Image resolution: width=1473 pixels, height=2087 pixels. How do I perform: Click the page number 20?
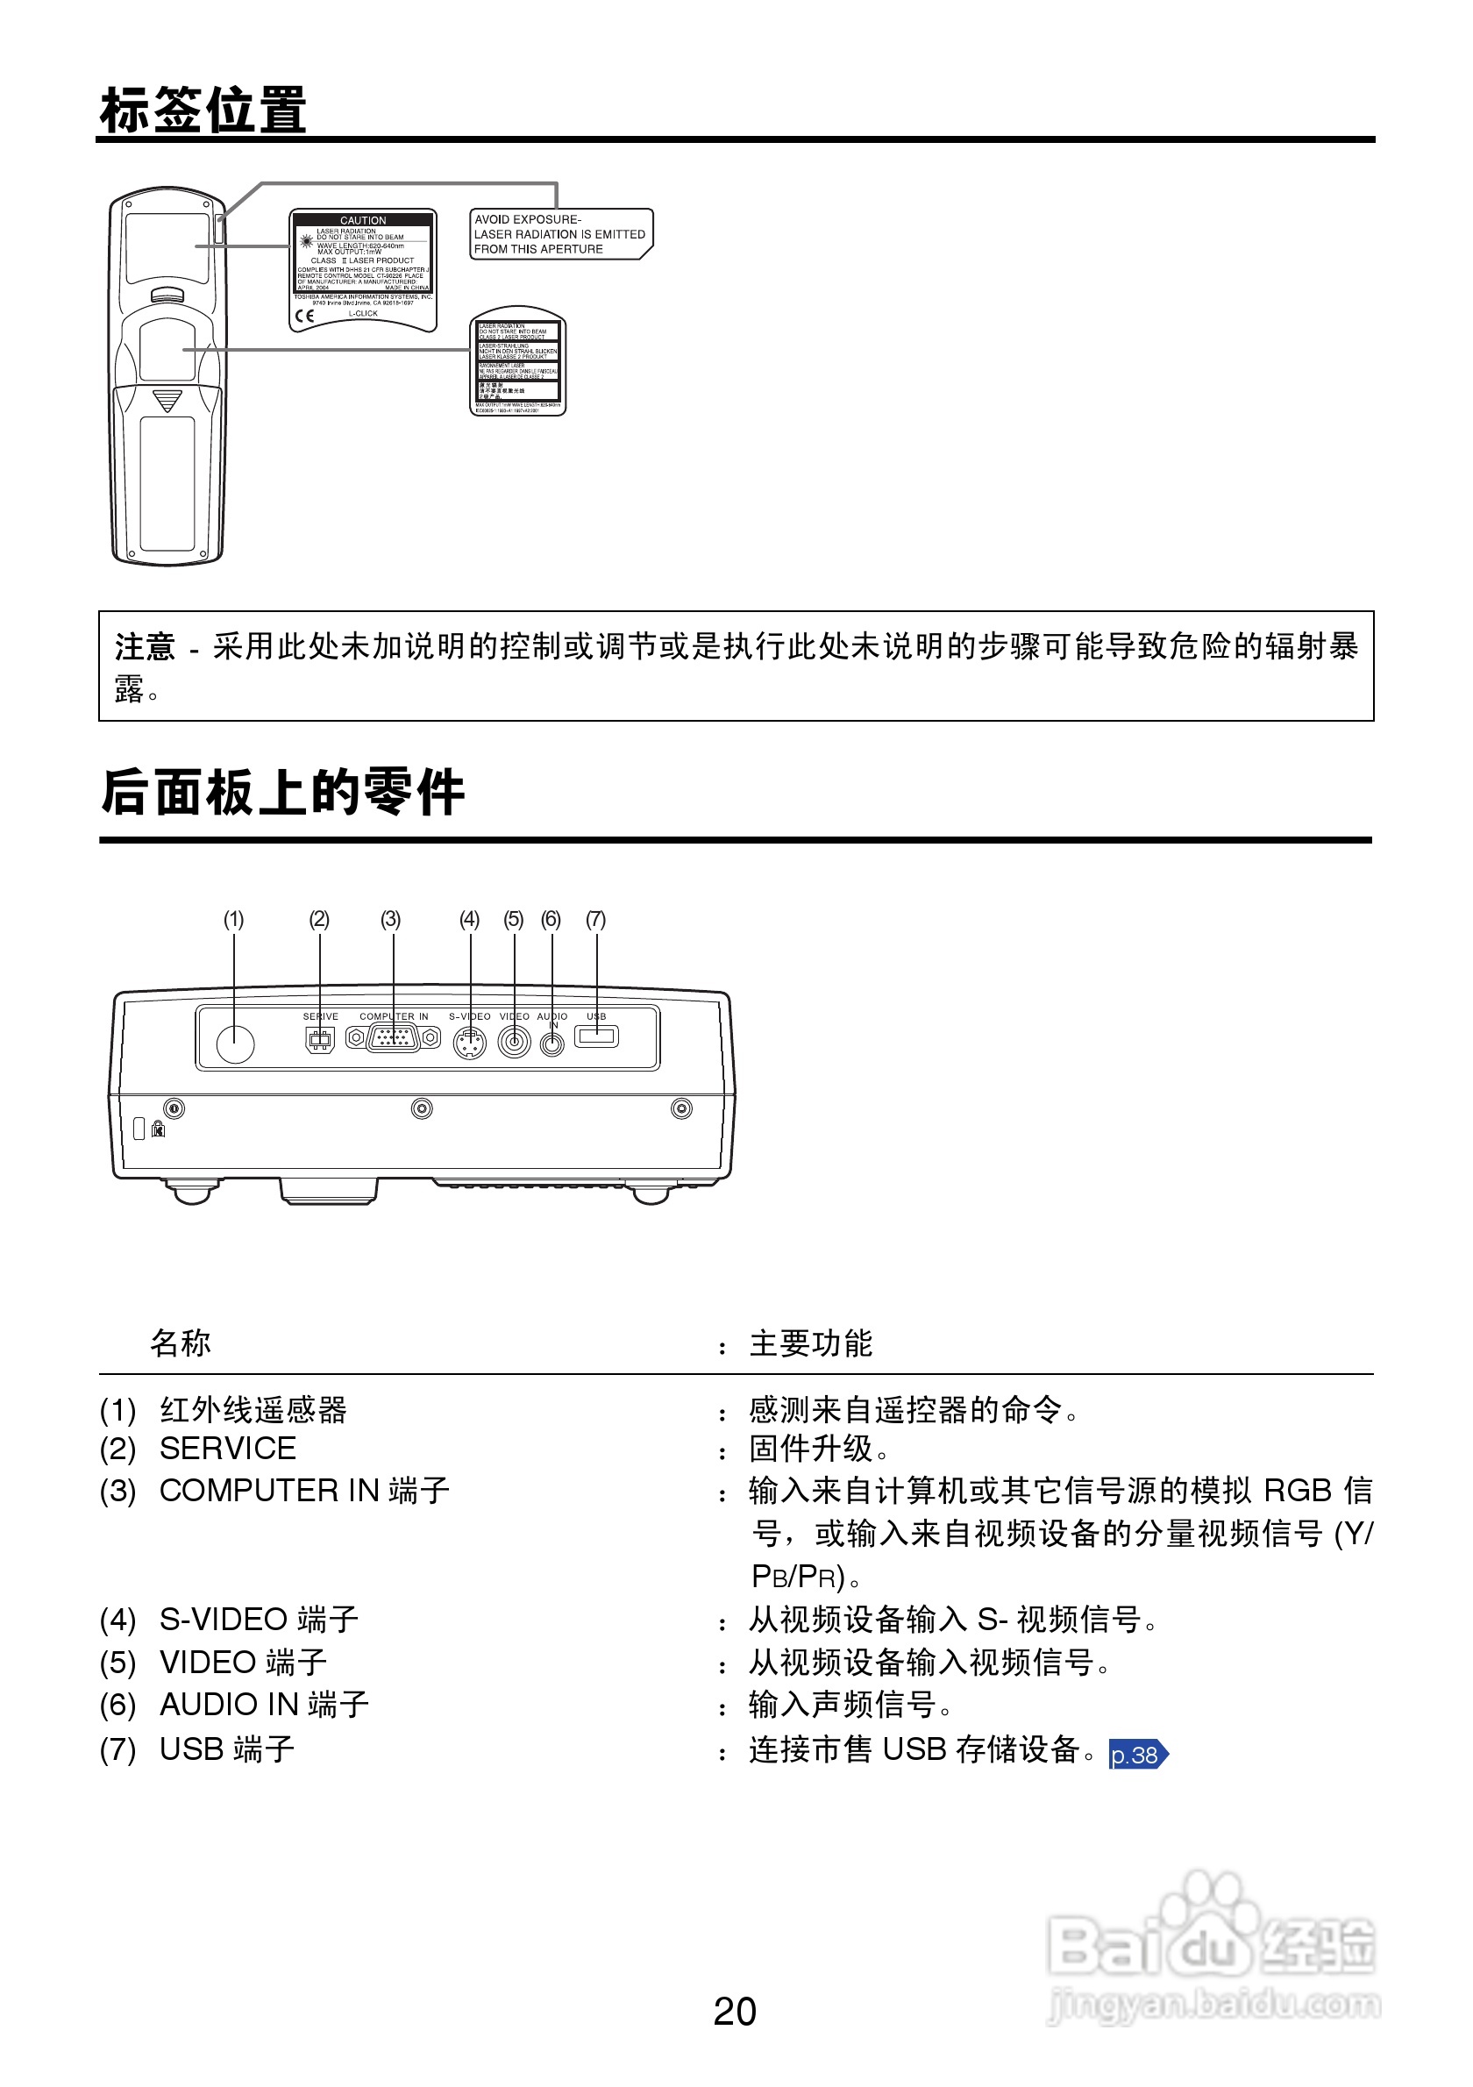pos(734,2011)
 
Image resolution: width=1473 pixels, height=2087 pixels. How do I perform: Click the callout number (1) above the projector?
pos(233,919)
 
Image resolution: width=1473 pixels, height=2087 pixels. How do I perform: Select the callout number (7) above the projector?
pos(595,919)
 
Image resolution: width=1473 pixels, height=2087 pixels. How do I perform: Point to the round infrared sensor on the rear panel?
pos(235,1043)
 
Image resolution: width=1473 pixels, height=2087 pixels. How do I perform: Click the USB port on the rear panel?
pos(596,1036)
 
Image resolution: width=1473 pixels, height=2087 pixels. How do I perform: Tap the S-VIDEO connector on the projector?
pos(469,1043)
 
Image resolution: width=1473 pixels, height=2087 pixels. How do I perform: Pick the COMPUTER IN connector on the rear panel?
pos(393,1037)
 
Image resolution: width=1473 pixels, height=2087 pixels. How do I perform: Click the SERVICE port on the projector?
pos(320,1039)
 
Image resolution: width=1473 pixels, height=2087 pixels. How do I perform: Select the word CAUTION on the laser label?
pos(363,220)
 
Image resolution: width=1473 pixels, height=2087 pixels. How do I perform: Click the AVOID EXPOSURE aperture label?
pos(559,233)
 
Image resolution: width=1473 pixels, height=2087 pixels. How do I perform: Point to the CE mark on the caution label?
pos(305,316)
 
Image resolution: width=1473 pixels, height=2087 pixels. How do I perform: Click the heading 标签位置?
pos(203,110)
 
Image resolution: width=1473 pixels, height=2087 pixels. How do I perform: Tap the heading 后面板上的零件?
pos(282,792)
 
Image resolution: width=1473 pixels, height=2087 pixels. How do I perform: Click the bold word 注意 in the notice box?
pos(145,647)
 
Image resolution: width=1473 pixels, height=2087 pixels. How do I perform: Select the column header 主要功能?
pos(810,1343)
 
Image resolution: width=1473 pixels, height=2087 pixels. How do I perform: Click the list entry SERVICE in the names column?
pos(227,1448)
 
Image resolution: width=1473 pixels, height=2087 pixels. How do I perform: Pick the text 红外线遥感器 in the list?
pos(253,1409)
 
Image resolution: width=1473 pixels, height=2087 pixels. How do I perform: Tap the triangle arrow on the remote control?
pos(167,401)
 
